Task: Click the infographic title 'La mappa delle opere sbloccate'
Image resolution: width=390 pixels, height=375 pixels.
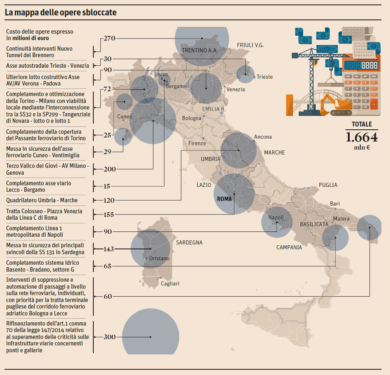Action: coord(60,13)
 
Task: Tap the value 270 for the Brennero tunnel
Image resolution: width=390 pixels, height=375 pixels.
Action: coord(110,39)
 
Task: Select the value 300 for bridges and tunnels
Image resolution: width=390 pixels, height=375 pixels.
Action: coord(110,337)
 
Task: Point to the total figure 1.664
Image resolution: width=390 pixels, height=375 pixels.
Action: coord(361,137)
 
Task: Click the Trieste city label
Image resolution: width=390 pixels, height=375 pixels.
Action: coord(265,77)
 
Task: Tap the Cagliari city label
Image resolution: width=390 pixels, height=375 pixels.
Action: coord(170,283)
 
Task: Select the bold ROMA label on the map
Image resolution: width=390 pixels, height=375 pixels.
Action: coord(224,199)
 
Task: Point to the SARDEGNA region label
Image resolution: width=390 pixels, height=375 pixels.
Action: coord(189,242)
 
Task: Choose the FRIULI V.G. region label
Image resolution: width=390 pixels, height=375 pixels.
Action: coord(250,45)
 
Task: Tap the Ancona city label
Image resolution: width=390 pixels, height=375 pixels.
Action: coord(263,137)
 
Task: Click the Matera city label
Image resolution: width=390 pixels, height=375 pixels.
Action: coord(341,219)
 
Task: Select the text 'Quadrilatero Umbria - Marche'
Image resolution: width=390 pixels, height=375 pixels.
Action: coord(42,200)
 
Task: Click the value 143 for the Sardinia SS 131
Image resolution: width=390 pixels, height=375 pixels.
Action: coord(109,249)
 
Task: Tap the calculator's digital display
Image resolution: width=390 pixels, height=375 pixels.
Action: coord(361,65)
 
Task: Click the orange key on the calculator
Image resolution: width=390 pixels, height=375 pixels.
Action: coord(374,103)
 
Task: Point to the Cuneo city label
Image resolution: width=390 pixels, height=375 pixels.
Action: coord(125,117)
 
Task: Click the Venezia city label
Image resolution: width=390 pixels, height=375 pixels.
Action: coord(236,89)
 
